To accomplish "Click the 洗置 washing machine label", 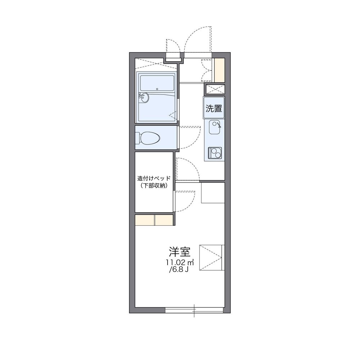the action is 214,108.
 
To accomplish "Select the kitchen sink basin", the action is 214,127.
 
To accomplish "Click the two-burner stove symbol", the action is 215,153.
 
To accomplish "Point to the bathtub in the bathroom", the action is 157,83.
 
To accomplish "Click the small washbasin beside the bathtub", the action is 145,98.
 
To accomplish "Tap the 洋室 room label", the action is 180,252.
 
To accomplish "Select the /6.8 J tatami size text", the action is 179,269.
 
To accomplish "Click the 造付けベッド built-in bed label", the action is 154,178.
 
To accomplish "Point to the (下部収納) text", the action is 154,185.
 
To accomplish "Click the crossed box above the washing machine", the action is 215,89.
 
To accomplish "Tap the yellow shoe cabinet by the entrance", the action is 220,70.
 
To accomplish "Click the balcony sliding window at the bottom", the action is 194,310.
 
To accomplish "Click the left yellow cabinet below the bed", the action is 145,220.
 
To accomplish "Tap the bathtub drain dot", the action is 157,89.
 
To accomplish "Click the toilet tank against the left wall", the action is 137,138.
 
